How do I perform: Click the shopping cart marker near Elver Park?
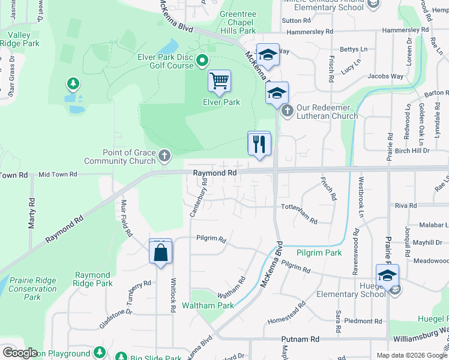tap(220, 82)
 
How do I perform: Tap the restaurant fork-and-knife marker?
tap(259, 145)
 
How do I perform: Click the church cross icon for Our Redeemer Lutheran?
tap(287, 110)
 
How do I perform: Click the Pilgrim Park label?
tap(319, 253)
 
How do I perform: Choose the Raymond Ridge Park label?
tap(93, 279)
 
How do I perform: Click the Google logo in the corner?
tap(20, 353)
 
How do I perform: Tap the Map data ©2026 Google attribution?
tap(411, 355)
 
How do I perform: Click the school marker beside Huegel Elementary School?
tap(387, 277)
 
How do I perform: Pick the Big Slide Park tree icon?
tap(120, 356)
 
